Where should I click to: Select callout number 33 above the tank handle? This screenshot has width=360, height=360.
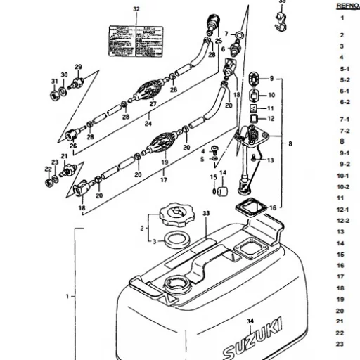206,212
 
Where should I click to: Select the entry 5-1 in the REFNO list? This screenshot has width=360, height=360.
345,69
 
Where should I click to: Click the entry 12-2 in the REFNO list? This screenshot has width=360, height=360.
345,220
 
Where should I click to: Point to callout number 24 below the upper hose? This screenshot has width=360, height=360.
148,123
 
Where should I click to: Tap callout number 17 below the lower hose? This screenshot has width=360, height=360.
163,180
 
